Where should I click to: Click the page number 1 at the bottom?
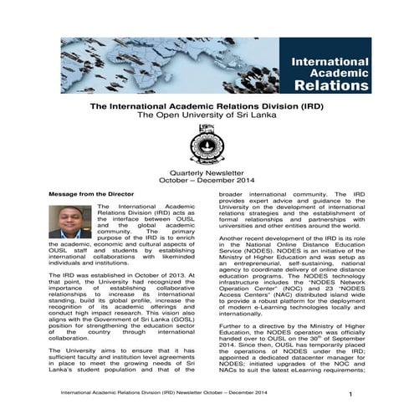pyautogui.click(x=350, y=393)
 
